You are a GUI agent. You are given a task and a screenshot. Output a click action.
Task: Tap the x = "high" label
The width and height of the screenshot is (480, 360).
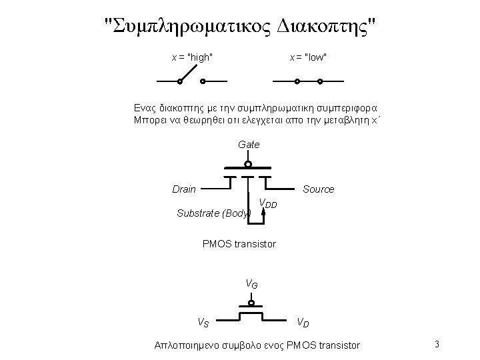193,57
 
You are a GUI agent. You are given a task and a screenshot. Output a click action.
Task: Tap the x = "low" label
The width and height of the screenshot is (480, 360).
307,57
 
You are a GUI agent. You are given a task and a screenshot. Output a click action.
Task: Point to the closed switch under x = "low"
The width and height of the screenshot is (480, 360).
308,82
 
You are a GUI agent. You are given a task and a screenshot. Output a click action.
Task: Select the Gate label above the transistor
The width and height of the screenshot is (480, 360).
248,144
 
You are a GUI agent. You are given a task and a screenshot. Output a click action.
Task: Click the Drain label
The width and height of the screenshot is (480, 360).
184,189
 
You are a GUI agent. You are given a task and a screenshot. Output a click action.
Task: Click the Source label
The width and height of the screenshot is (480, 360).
318,189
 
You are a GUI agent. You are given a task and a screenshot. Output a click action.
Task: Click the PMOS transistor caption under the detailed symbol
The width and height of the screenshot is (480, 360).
239,244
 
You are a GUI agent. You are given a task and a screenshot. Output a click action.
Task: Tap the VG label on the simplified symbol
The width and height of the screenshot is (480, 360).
251,284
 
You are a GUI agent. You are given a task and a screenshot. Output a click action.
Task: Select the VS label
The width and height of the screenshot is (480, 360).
203,323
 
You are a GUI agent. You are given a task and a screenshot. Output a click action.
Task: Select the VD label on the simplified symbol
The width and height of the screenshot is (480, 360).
303,323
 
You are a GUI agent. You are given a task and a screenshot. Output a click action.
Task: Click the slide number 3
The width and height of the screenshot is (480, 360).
436,345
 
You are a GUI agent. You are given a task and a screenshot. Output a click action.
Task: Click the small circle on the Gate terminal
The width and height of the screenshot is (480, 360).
247,164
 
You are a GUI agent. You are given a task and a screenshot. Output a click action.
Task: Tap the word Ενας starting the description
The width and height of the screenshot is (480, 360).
145,108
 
